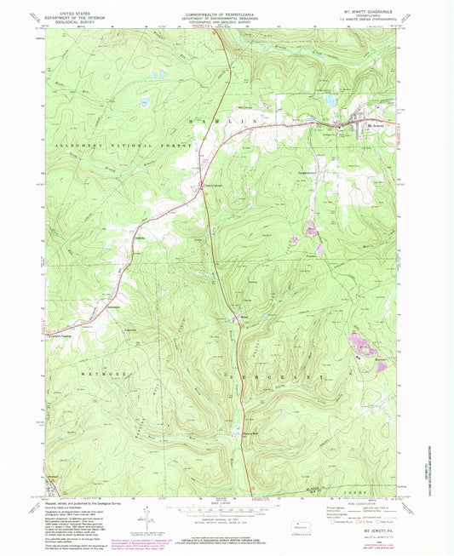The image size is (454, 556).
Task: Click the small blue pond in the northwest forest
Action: click(x=144, y=103)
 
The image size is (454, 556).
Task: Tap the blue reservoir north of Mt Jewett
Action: click(x=330, y=101)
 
